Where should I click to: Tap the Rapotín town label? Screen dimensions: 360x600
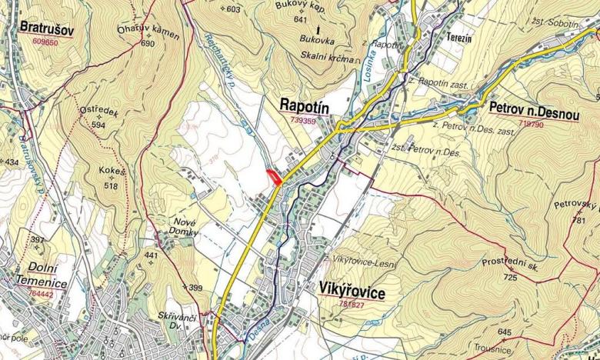(305, 105)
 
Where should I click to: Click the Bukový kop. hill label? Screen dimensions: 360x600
(301, 6)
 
